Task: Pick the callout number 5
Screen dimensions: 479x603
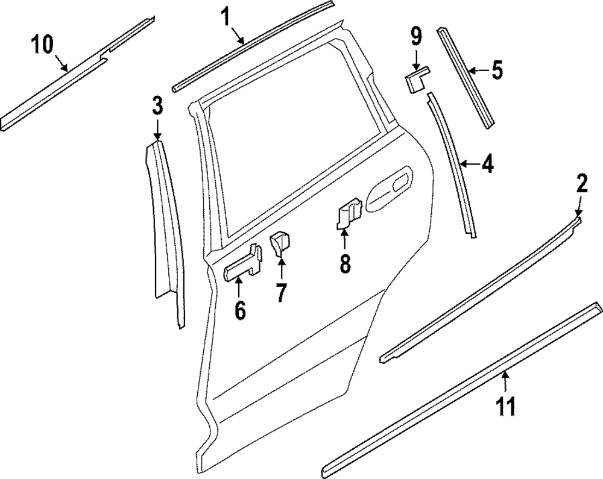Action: (496, 70)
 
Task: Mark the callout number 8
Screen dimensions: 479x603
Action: (344, 263)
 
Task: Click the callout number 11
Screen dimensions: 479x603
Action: (507, 405)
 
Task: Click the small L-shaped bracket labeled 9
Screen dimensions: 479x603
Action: (416, 80)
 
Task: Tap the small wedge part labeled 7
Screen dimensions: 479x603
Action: (280, 243)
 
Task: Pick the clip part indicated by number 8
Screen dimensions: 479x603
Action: (349, 214)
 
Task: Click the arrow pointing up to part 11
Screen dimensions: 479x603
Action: (505, 383)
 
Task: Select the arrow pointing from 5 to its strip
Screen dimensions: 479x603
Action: (477, 70)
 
